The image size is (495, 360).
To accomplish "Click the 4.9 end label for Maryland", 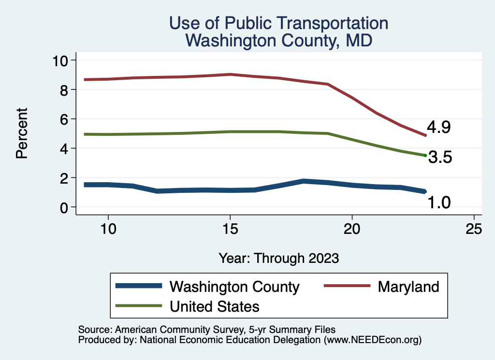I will [x=439, y=128].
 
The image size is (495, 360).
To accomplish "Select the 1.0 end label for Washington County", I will [x=439, y=203].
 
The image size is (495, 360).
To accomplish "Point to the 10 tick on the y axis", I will [x=62, y=60].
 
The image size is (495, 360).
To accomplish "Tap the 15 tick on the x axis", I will [x=230, y=229].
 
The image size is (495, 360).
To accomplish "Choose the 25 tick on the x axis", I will [x=474, y=229].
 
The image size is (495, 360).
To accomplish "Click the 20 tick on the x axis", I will [x=352, y=229].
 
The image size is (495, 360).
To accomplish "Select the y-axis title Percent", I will [x=21, y=133].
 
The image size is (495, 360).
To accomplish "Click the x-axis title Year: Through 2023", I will [x=278, y=258].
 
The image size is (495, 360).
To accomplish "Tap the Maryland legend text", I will [x=408, y=287].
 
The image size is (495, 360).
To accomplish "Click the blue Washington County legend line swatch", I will [x=139, y=287].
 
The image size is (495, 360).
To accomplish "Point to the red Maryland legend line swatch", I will [x=346, y=287].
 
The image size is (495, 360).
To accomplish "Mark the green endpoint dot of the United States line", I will [x=425, y=155].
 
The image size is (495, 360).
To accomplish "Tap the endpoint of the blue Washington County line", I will [x=424, y=192].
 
